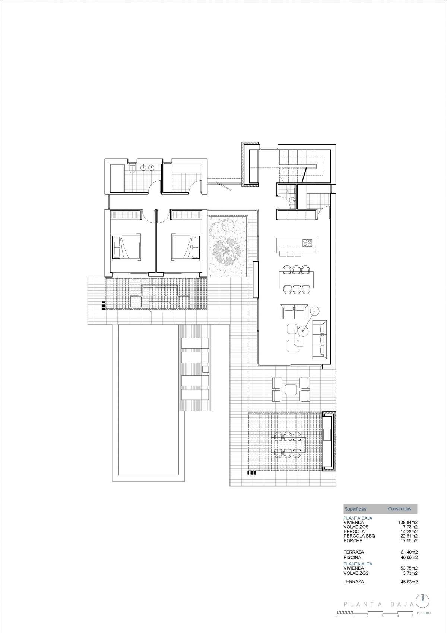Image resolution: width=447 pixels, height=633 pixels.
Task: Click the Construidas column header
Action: (399, 509)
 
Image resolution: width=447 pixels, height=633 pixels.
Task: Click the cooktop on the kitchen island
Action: (307, 242)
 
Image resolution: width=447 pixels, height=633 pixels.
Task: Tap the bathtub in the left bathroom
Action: (117, 178)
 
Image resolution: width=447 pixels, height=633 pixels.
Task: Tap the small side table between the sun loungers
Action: (206, 369)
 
